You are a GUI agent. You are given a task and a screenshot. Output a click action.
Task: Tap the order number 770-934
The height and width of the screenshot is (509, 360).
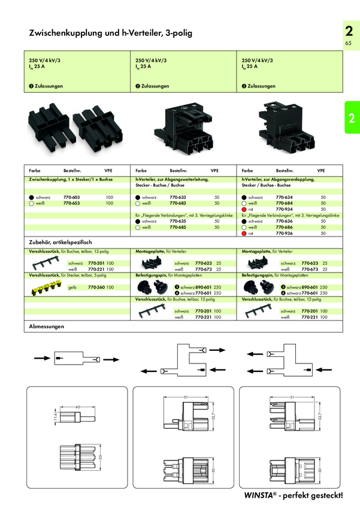click(283, 210)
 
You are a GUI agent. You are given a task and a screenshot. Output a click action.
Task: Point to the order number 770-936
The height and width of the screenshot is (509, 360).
click(283, 234)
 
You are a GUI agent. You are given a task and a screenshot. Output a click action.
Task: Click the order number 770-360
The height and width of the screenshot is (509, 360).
click(96, 287)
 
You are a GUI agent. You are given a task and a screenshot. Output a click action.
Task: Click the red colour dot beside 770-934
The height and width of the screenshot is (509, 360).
click(244, 210)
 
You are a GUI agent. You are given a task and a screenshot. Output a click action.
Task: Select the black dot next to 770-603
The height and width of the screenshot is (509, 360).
click(31, 197)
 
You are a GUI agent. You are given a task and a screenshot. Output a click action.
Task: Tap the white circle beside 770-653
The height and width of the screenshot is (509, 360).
click(31, 204)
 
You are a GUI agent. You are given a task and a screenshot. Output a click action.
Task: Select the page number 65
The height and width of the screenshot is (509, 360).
click(348, 44)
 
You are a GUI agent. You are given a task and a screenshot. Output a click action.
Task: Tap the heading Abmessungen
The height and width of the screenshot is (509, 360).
click(47, 327)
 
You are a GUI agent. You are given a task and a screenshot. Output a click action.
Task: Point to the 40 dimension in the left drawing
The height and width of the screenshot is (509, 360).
click(78, 408)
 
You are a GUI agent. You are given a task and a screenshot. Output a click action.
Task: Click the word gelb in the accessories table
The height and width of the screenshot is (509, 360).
click(72, 287)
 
